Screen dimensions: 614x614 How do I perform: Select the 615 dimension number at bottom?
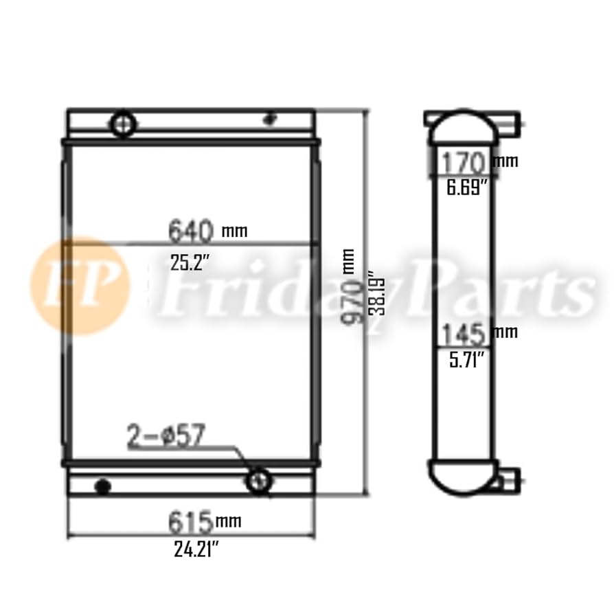(x=190, y=523)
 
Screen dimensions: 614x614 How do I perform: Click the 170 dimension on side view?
(x=464, y=163)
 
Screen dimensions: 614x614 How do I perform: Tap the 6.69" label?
(x=466, y=187)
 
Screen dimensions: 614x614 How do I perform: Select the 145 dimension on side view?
(x=465, y=334)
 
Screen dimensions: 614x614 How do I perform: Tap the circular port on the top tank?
(x=124, y=124)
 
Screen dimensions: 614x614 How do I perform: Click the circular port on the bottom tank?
(x=259, y=480)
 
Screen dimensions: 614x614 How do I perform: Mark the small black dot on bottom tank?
(x=103, y=487)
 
